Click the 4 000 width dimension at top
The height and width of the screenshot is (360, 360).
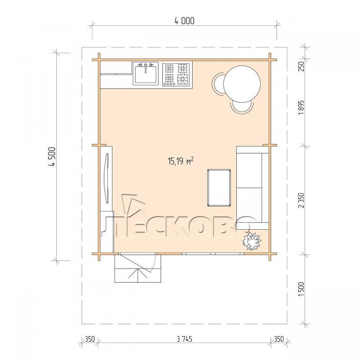point(184,21)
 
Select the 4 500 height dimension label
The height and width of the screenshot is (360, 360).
point(53,157)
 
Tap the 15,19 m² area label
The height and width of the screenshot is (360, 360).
point(181,161)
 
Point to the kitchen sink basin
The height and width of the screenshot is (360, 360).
point(146,74)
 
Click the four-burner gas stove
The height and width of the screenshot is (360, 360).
point(176,75)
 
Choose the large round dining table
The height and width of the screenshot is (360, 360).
point(242,84)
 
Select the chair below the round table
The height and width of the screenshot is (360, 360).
point(242,107)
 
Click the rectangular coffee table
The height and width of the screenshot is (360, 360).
point(219,188)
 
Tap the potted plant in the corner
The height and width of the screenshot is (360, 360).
point(252,241)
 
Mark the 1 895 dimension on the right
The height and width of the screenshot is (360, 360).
point(301,107)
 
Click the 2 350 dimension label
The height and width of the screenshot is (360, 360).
point(301,200)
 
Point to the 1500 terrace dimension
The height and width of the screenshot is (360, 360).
point(301,289)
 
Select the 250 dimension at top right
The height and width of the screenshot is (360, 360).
point(301,66)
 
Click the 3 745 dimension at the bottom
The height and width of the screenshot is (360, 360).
point(185,339)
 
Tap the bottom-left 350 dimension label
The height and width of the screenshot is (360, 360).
point(90,339)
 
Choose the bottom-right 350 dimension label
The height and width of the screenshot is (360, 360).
point(279,339)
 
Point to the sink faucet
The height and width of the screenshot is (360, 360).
point(146,68)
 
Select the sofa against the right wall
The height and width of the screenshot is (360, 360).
point(253,188)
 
